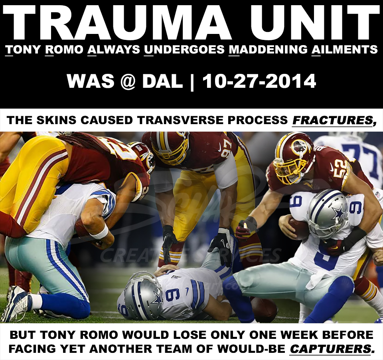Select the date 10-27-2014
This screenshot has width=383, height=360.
pos(259,81)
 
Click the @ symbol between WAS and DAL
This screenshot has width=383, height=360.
pos(128,82)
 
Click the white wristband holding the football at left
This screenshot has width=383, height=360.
pos(99,231)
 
